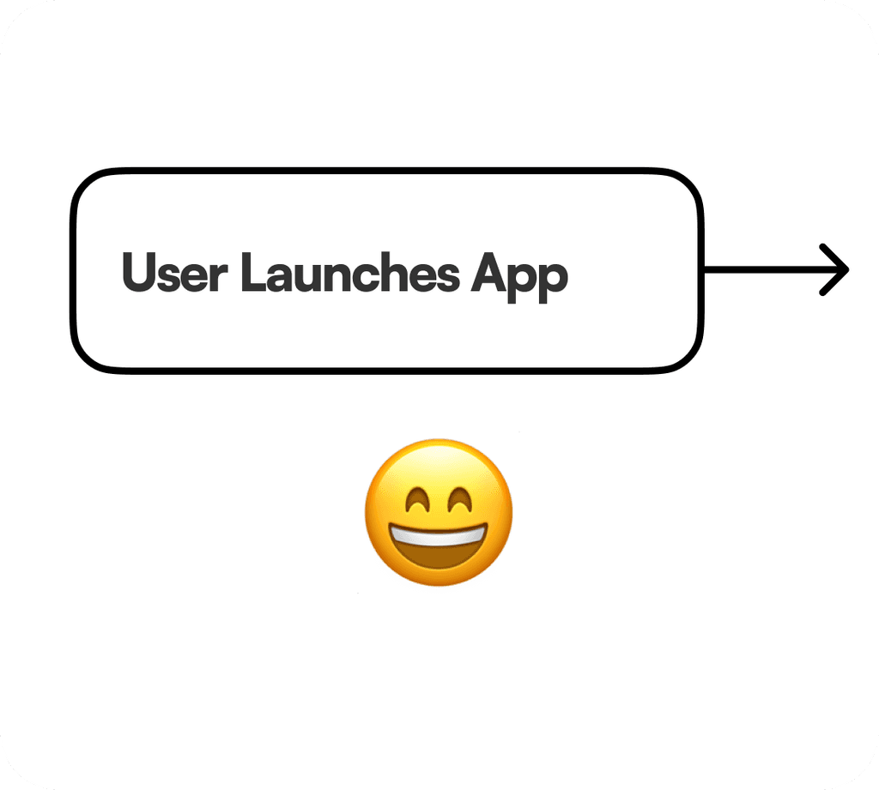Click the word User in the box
click(x=174, y=274)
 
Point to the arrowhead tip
click(x=847, y=269)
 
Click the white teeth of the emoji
click(x=439, y=536)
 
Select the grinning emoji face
click(x=439, y=513)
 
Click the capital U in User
click(x=138, y=274)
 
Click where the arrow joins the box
click(x=703, y=269)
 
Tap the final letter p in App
click(x=555, y=278)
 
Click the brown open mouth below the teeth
click(x=439, y=558)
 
